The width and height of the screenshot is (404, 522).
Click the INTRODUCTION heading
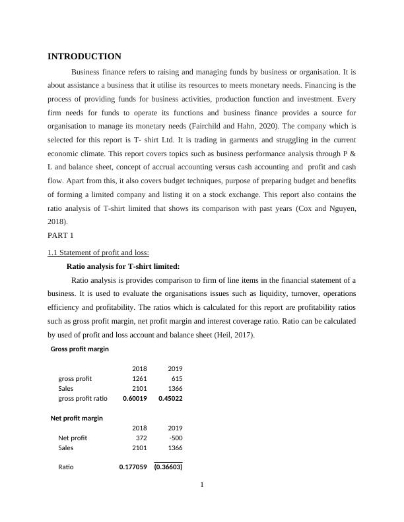[x=84, y=57]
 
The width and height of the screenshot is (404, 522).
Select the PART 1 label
[x=62, y=235]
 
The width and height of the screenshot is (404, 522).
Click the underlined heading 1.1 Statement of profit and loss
[x=98, y=252]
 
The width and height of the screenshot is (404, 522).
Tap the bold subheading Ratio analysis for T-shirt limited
[x=123, y=266]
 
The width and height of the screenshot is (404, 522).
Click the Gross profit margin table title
[x=79, y=349]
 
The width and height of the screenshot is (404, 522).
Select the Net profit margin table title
[x=77, y=418]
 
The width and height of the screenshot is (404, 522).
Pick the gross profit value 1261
[x=139, y=378]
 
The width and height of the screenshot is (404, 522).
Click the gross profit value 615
[x=176, y=378]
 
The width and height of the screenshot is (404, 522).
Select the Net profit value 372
[x=141, y=438]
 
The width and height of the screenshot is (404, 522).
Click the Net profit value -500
[x=175, y=438]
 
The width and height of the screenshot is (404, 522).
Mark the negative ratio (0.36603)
[x=168, y=467]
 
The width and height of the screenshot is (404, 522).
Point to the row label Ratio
[x=66, y=467]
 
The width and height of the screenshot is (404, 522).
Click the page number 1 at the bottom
[x=202, y=486]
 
